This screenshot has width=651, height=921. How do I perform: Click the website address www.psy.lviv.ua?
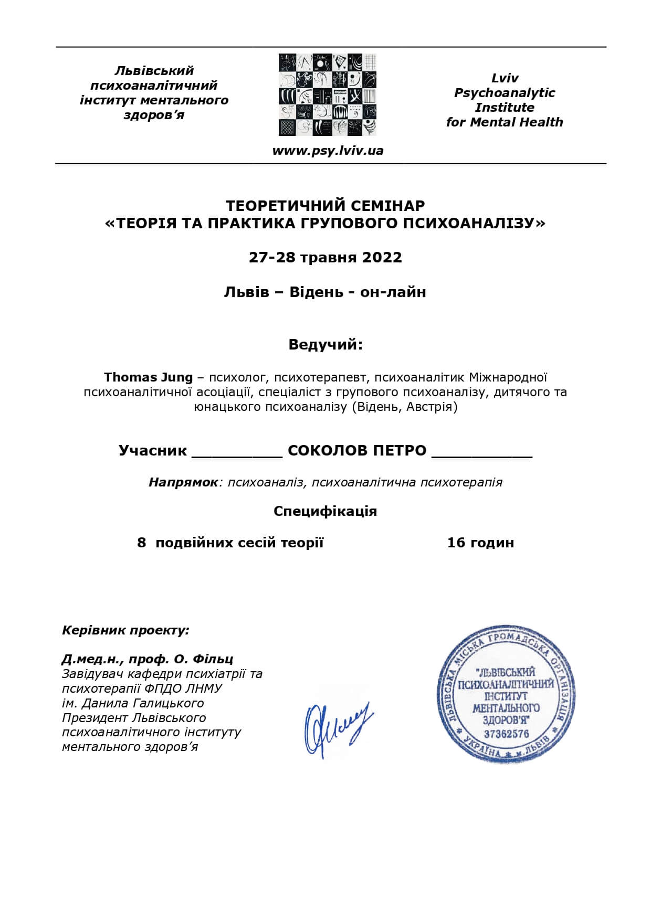pyautogui.click(x=328, y=151)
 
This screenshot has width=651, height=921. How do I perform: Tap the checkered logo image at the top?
pyautogui.click(x=328, y=94)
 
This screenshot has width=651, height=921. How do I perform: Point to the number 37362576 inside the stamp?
pyautogui.click(x=506, y=734)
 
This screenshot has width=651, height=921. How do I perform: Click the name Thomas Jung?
pyautogui.click(x=149, y=377)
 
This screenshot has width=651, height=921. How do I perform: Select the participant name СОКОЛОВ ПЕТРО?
pyautogui.click(x=357, y=450)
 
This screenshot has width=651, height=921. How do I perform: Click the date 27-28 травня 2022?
pyautogui.click(x=325, y=257)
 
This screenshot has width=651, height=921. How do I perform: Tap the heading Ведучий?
pyautogui.click(x=325, y=345)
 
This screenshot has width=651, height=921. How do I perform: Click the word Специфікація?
pyautogui.click(x=325, y=511)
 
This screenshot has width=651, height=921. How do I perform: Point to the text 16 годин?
pyautogui.click(x=480, y=542)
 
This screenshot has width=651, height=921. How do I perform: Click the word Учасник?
pyautogui.click(x=153, y=450)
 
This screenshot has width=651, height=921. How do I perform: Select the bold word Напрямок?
pyautogui.click(x=183, y=482)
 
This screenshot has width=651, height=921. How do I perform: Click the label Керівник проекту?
pyautogui.click(x=125, y=630)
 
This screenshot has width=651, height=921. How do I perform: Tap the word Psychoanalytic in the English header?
pyautogui.click(x=505, y=93)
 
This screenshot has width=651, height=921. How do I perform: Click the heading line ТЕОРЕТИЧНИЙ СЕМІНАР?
pyautogui.click(x=325, y=205)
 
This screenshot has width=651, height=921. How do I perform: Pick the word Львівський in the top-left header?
pyautogui.click(x=154, y=70)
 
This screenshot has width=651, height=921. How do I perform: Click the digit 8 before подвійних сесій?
pyautogui.click(x=141, y=542)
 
